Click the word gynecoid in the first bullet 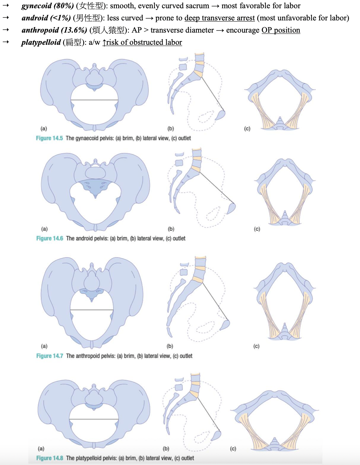pos(37,6)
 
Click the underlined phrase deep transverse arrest pos(219,18)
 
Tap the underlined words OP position pos(281,30)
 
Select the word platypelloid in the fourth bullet pos(41,42)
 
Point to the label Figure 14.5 pos(49,138)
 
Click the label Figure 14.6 pos(49,238)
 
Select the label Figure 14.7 pos(49,356)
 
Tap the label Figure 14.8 pos(49,458)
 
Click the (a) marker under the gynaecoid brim pos(44,129)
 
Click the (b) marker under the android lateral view pos(171,229)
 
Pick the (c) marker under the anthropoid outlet pos(256,346)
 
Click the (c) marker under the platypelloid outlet pos(233,449)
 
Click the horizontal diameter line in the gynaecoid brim pos(94,100)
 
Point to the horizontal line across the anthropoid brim pos(92,310)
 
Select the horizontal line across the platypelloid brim pos(94,419)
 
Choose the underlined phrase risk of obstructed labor pos(144,42)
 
